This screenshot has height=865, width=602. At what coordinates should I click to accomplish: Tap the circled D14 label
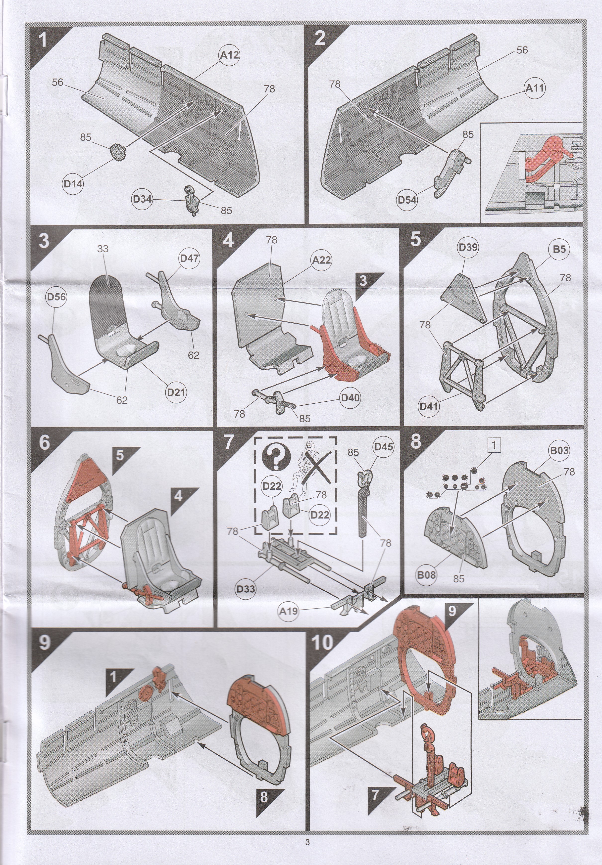click(x=73, y=184)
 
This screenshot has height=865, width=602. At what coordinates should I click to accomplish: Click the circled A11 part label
click(x=535, y=88)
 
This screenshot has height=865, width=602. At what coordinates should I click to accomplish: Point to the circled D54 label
click(x=407, y=200)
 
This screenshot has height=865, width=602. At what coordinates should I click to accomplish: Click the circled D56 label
click(x=56, y=297)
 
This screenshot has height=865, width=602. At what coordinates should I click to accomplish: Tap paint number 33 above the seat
click(x=102, y=249)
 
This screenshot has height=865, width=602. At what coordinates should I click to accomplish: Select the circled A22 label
click(x=321, y=260)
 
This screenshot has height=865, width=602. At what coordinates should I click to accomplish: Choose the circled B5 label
click(x=559, y=249)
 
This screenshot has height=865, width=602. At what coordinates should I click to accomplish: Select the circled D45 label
click(x=383, y=447)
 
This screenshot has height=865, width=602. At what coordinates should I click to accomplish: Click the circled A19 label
click(x=288, y=611)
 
